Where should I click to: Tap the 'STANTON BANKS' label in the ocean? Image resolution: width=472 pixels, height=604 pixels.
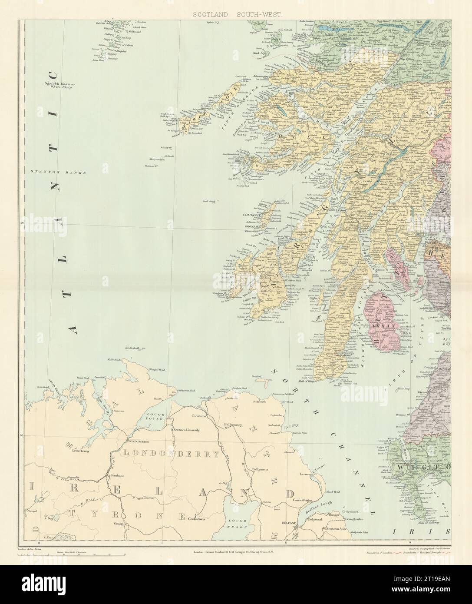coord(59,172)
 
